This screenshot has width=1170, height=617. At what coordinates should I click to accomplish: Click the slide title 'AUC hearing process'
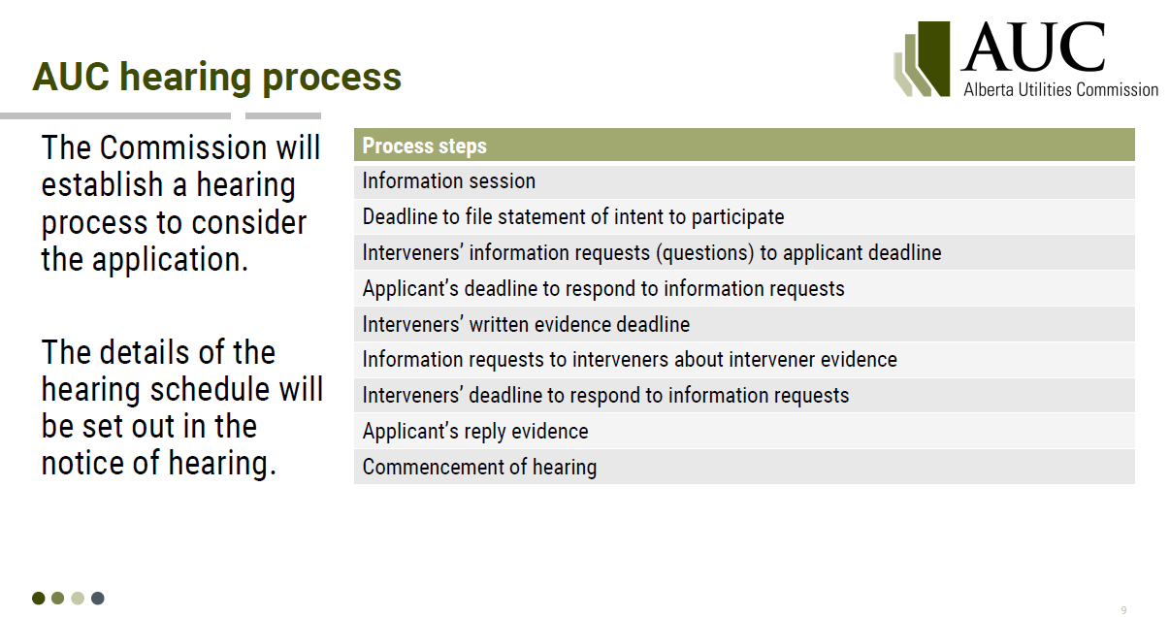216,78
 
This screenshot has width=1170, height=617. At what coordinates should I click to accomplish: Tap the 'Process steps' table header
744,145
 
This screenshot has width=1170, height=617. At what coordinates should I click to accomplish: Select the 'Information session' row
744,181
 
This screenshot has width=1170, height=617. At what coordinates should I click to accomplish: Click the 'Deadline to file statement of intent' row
744,217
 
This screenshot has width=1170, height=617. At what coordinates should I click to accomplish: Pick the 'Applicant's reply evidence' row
744,432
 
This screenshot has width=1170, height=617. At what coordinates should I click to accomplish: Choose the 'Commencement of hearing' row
744,467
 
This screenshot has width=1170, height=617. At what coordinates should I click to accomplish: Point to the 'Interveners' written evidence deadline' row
744,324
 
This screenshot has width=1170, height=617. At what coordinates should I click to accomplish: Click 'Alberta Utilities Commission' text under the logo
1060,90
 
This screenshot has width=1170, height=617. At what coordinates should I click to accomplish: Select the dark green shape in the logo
934,58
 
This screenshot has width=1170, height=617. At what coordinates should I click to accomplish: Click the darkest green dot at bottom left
38,599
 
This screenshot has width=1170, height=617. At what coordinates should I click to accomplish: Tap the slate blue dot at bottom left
98,599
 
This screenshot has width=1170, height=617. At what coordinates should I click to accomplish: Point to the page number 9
1123,610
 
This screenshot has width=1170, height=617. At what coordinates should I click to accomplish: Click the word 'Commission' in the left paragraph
183,147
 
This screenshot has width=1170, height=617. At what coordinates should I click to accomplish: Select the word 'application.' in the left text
170,260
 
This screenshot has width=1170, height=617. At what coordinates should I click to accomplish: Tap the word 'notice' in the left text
82,464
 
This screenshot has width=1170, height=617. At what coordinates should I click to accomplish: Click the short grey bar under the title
283,116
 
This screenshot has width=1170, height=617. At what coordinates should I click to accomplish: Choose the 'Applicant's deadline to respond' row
744,289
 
